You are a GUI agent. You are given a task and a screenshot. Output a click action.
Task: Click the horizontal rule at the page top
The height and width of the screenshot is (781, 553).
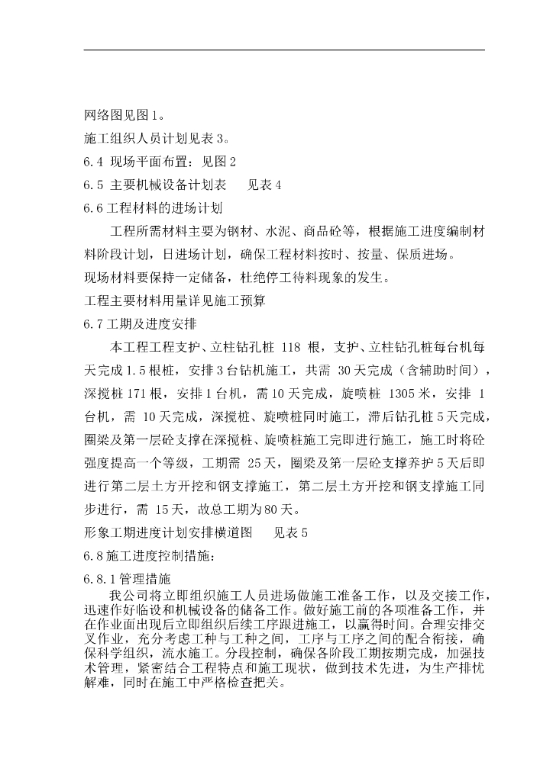tap(283, 50)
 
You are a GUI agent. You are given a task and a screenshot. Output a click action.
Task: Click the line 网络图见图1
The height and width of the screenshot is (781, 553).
tap(122, 117)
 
